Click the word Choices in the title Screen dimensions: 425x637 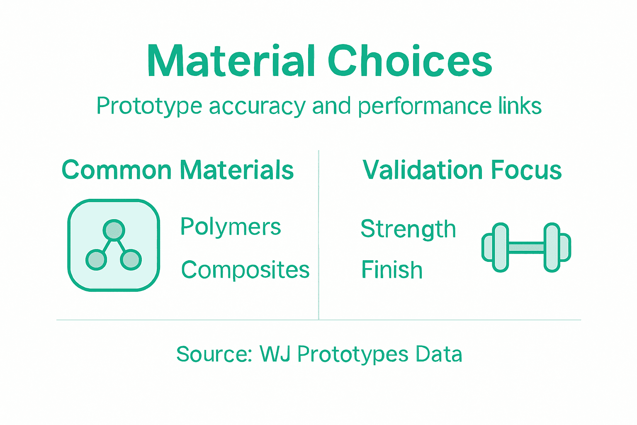pyautogui.click(x=409, y=61)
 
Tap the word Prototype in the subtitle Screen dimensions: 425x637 pyautogui.click(x=149, y=106)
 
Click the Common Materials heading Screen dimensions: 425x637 pyautogui.click(x=177, y=170)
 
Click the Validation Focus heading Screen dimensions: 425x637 pyautogui.click(x=462, y=170)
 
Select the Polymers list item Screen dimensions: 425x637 pyautogui.click(x=231, y=227)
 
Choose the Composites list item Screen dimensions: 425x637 pyautogui.click(x=245, y=270)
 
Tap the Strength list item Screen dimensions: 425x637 pyautogui.click(x=408, y=229)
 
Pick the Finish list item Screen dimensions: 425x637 pyautogui.click(x=391, y=270)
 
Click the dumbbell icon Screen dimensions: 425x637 pyautogui.click(x=526, y=248)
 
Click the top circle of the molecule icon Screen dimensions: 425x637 pyautogui.click(x=114, y=230)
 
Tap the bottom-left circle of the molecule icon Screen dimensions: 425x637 pyautogui.click(x=96, y=260)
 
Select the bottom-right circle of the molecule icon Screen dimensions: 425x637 pyautogui.click(x=131, y=260)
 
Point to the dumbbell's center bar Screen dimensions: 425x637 pyautogui.click(x=526, y=248)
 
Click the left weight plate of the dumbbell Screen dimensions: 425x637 pyautogui.click(x=500, y=248)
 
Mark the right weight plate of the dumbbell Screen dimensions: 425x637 pyautogui.click(x=552, y=248)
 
